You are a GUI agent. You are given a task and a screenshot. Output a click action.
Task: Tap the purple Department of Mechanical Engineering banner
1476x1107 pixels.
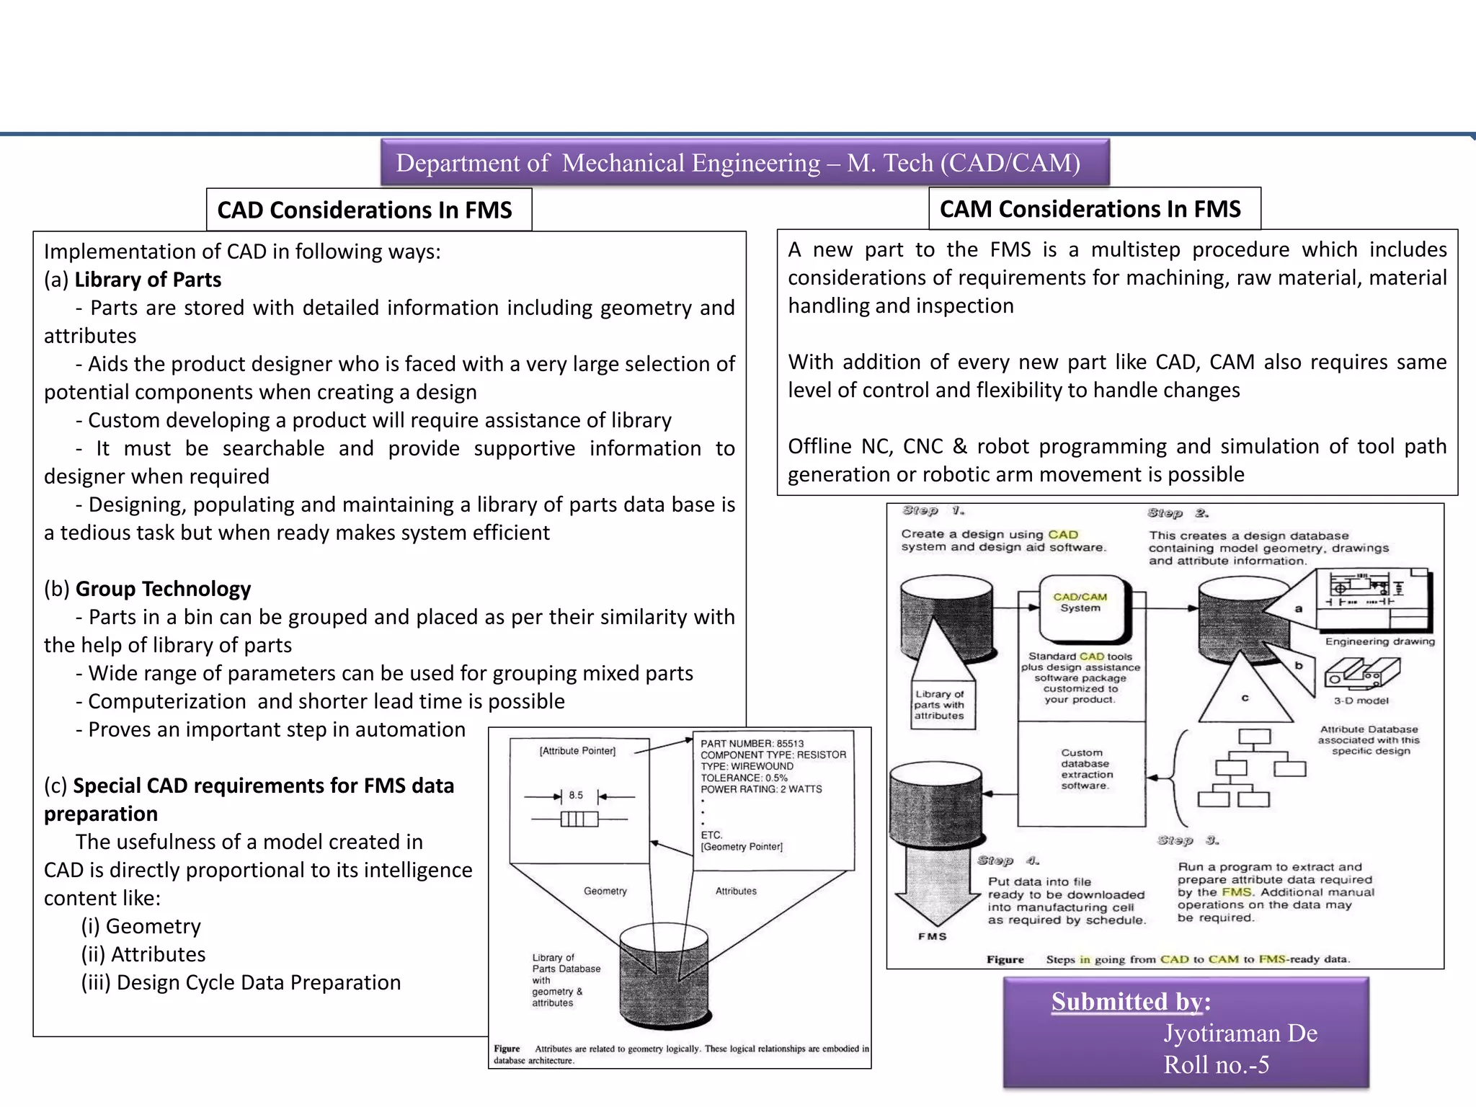click(x=744, y=163)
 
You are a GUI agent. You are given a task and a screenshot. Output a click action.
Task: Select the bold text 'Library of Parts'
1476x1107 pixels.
click(x=148, y=280)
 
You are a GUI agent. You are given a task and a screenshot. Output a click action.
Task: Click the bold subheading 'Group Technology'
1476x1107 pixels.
click(x=163, y=589)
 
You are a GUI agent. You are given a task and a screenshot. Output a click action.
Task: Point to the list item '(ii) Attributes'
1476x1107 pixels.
click(x=143, y=954)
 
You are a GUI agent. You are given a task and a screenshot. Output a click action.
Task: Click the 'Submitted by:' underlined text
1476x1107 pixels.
click(x=1130, y=1002)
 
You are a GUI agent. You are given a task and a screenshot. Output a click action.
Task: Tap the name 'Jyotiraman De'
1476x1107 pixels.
click(x=1240, y=1033)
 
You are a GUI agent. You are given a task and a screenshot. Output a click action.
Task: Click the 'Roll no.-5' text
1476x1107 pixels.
click(x=1216, y=1064)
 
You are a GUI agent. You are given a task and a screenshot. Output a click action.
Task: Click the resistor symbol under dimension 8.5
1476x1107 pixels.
click(x=579, y=819)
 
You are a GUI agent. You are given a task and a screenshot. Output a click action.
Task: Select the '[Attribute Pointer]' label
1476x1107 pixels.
click(x=577, y=751)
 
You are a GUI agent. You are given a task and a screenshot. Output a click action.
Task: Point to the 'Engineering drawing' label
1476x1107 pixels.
click(x=1379, y=641)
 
